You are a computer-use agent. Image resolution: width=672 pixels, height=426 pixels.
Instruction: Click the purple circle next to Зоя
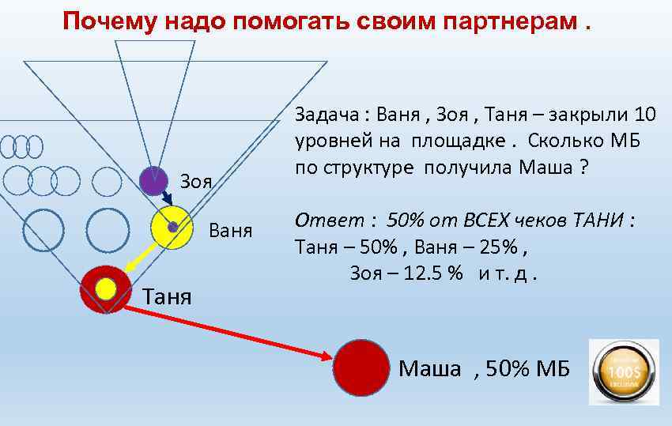(x=153, y=181)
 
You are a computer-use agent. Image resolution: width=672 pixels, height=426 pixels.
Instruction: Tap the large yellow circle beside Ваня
(x=172, y=227)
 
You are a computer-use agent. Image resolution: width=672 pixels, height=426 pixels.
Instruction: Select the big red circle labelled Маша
(x=361, y=367)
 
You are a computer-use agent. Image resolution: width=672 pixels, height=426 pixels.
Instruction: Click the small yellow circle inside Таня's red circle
(x=106, y=288)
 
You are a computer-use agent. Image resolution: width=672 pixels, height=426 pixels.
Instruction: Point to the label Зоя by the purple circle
(x=197, y=181)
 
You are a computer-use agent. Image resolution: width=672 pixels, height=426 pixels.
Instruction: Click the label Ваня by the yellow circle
(x=231, y=232)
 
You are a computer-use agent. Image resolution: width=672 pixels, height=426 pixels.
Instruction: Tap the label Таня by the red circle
(x=167, y=296)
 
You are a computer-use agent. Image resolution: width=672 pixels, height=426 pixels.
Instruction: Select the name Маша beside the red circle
(x=430, y=368)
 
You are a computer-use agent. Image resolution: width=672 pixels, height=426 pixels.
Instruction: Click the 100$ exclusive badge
(x=624, y=372)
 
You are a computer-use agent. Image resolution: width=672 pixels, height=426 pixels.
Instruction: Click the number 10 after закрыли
(x=644, y=115)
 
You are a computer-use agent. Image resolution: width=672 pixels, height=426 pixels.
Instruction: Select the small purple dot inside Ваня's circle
(x=172, y=227)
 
